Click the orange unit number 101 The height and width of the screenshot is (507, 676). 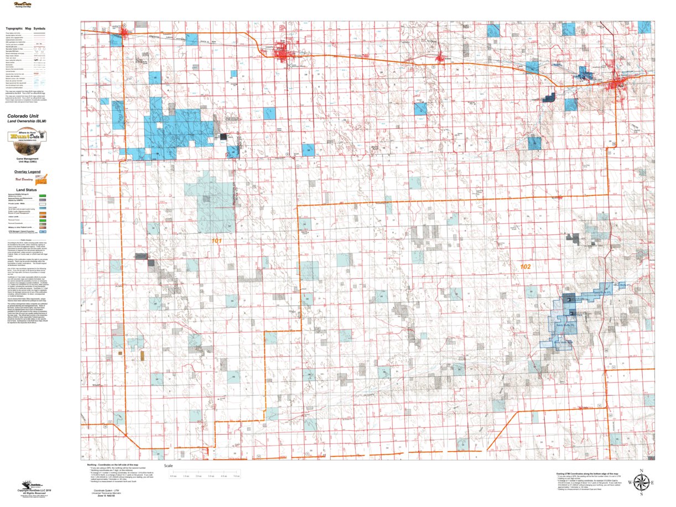tap(216, 241)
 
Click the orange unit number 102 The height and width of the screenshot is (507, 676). tap(525, 266)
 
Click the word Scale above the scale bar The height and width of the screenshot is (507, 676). tap(169, 466)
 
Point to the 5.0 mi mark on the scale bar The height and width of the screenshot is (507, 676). tap(236, 475)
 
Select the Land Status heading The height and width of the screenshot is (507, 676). tap(27, 189)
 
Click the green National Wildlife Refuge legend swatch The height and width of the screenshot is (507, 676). tap(42, 196)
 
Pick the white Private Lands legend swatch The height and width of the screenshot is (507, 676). tap(42, 204)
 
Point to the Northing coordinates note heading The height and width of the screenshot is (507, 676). tap(113, 465)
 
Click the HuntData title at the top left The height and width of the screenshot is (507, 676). tap(25, 4)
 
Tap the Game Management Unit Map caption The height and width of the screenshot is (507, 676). tap(27, 160)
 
